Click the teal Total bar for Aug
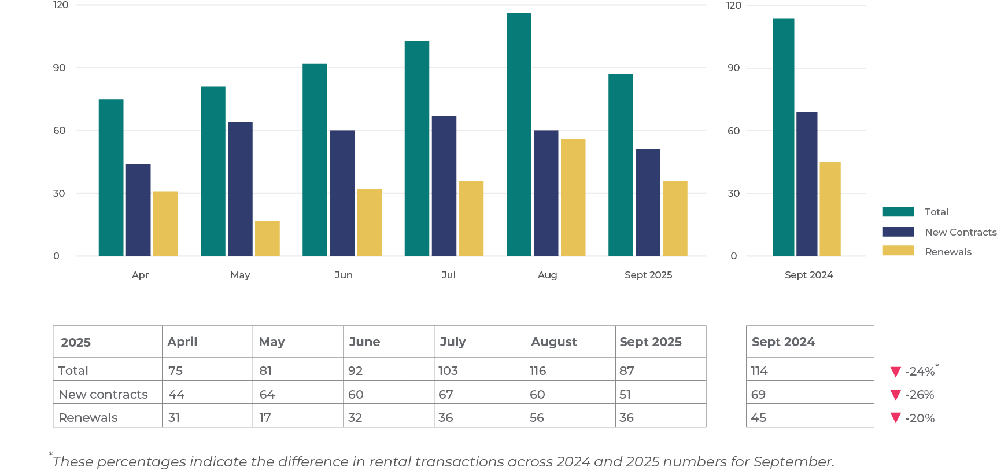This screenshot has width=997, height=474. (519, 135)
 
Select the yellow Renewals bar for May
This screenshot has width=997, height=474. (267, 238)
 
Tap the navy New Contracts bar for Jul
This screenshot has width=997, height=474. (444, 186)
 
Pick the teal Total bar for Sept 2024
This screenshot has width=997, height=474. (784, 137)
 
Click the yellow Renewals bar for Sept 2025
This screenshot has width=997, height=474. (675, 218)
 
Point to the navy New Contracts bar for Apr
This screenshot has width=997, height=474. (138, 210)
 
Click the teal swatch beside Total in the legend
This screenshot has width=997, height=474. (898, 212)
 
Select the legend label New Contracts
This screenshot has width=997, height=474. (961, 232)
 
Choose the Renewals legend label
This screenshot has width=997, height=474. (948, 252)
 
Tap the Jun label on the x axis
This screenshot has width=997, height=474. (344, 275)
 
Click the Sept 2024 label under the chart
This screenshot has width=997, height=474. (808, 275)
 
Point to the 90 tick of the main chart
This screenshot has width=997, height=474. (60, 68)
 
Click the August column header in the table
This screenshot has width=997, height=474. (553, 342)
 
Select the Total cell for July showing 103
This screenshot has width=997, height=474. (448, 370)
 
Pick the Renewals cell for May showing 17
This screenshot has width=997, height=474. (265, 417)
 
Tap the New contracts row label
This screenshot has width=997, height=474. (103, 394)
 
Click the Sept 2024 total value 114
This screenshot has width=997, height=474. (759, 370)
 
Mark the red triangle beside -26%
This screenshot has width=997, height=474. (896, 395)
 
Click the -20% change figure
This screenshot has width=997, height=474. (920, 418)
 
